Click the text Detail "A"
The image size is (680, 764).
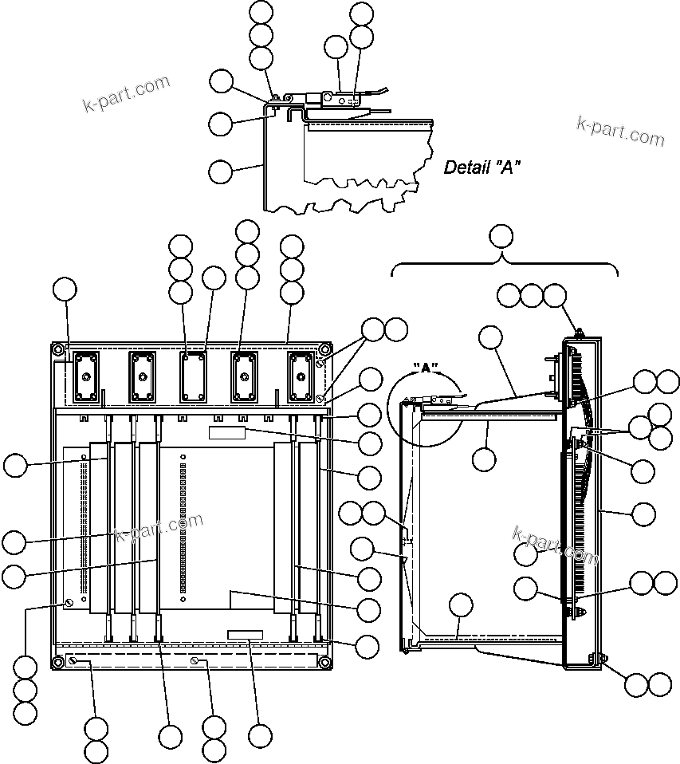tap(482, 167)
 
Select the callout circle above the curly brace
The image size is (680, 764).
tap(501, 235)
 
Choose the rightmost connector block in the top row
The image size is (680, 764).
tap(301, 376)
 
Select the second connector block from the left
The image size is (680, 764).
tap(142, 376)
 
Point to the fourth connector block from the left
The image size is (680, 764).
tap(245, 376)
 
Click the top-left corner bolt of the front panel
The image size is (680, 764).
tap(59, 349)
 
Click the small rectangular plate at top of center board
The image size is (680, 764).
tap(227, 431)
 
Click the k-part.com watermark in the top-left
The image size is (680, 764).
tap(127, 93)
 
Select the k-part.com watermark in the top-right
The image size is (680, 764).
tap(619, 132)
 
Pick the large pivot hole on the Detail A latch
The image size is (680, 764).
tap(326, 99)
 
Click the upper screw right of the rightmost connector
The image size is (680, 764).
tap(320, 363)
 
